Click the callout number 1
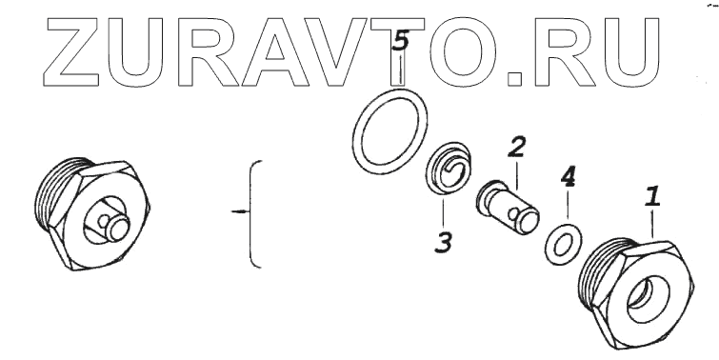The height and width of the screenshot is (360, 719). pyautogui.click(x=653, y=196)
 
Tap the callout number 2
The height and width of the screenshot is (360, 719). pyautogui.click(x=517, y=147)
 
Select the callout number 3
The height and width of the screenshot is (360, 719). pyautogui.click(x=444, y=242)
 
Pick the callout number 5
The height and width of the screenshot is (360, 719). pyautogui.click(x=401, y=41)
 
